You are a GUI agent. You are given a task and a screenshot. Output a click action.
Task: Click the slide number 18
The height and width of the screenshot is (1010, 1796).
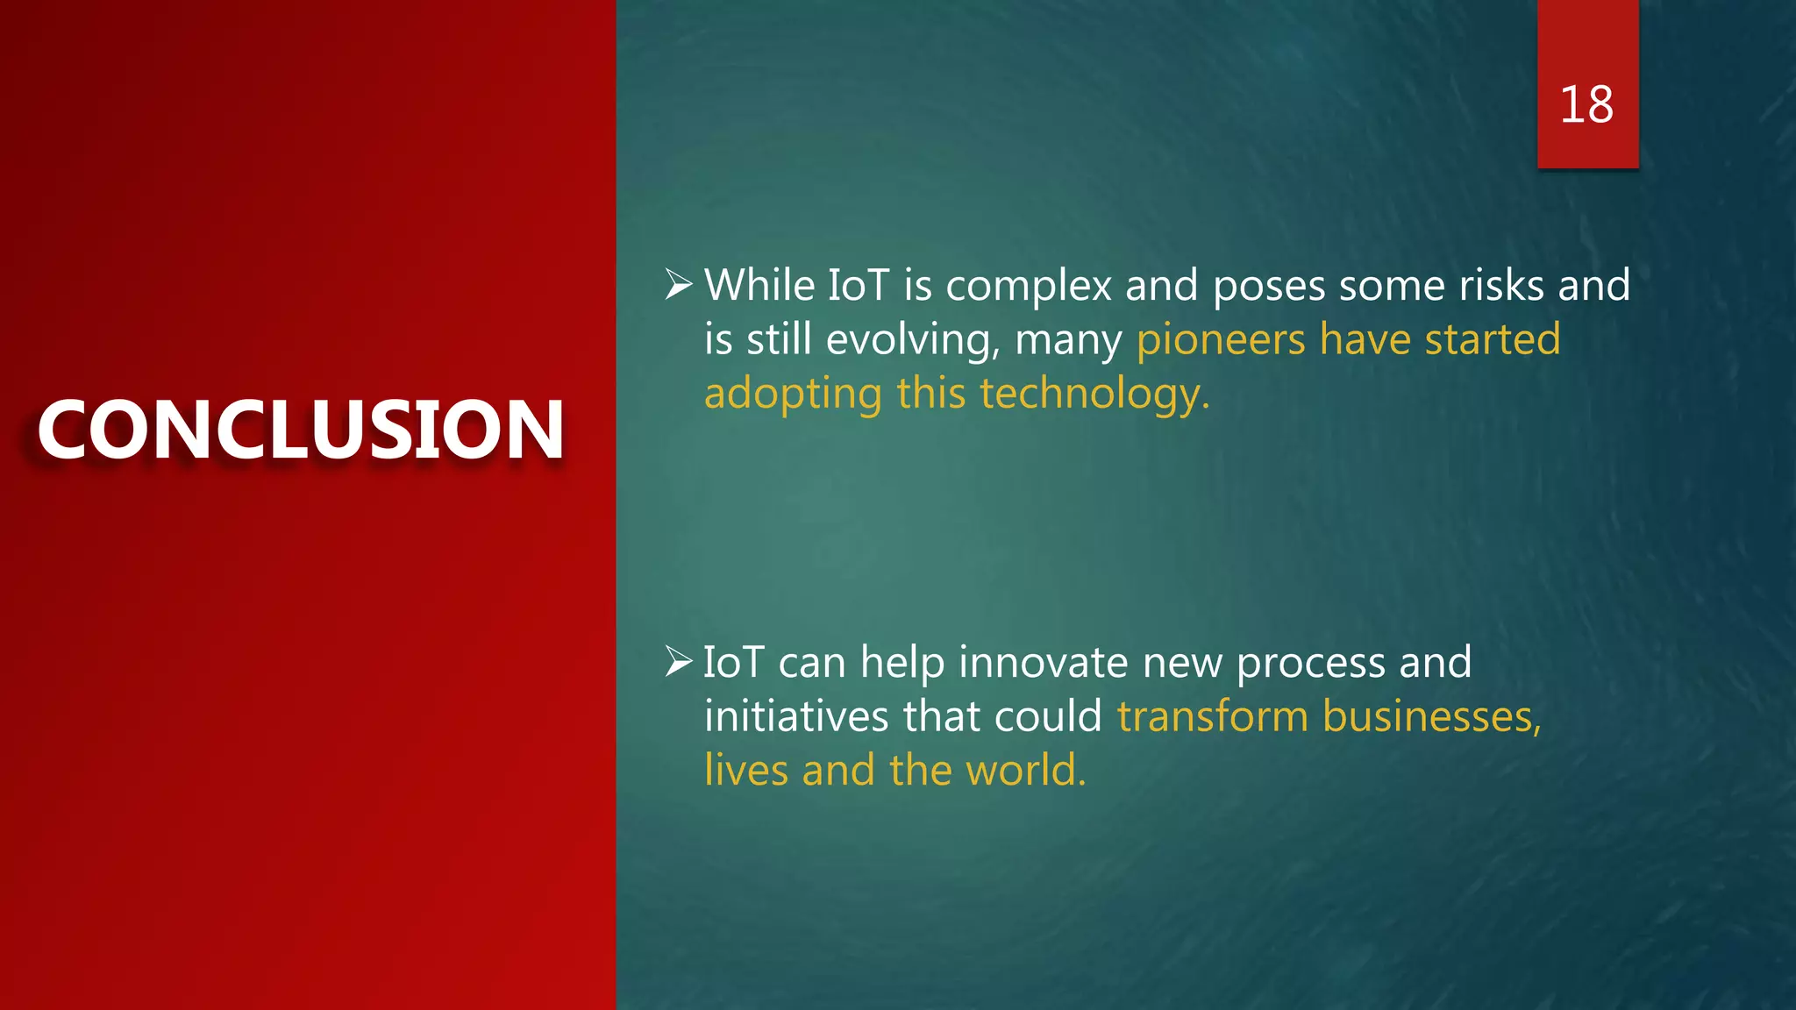click(x=1586, y=105)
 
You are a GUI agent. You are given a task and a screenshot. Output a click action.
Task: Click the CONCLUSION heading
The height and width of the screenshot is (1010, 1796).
click(x=301, y=430)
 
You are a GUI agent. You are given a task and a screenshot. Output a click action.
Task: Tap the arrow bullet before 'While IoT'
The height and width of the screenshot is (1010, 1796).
click(x=678, y=284)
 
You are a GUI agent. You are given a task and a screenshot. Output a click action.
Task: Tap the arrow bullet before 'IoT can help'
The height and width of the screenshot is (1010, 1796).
click(x=678, y=661)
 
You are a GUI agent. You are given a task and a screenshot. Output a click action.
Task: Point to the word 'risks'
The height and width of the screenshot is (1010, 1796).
click(x=1500, y=286)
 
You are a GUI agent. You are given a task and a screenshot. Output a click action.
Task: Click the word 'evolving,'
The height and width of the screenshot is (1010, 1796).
click(x=912, y=340)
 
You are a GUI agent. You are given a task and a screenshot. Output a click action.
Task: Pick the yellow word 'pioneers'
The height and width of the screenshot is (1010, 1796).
click(x=1221, y=340)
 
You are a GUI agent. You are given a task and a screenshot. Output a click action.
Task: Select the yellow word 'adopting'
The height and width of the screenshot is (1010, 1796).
click(x=793, y=395)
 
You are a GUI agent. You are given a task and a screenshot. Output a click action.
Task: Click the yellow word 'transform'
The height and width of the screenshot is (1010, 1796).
click(x=1213, y=716)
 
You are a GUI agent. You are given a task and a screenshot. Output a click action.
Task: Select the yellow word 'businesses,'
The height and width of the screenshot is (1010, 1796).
click(x=1431, y=716)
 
